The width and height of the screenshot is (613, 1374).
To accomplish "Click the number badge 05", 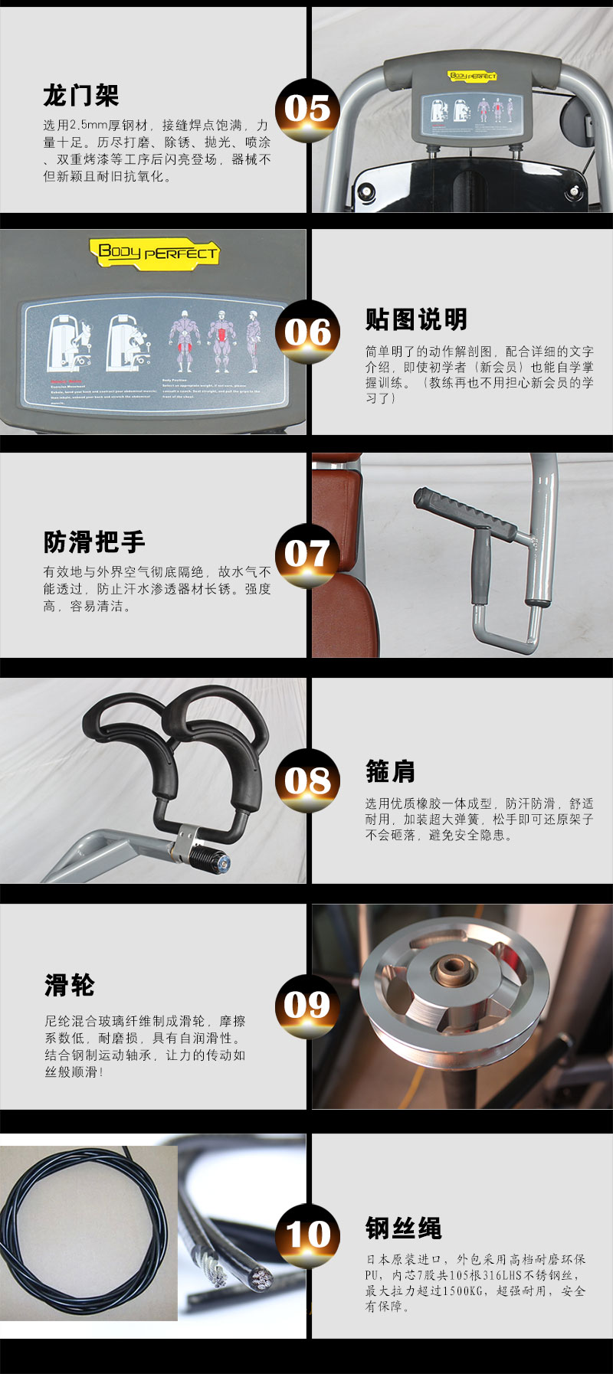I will (307, 110).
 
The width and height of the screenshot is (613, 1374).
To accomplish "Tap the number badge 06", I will (307, 332).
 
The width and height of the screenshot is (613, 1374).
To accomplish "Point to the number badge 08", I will (307, 780).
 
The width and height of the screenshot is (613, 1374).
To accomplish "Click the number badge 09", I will (307, 1006).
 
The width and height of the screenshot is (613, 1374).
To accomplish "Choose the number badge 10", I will (307, 1234).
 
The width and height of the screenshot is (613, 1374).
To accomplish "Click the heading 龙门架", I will (81, 97).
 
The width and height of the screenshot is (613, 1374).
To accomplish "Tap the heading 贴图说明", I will (416, 320).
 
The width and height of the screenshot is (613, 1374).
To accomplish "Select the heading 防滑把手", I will (94, 542).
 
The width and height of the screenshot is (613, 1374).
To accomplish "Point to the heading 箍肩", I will (390, 771).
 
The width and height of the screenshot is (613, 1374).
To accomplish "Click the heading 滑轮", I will (70, 985).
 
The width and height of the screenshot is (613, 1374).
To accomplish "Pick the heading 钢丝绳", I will (403, 1228).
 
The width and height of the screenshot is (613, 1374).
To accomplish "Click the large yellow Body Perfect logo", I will (154, 251).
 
